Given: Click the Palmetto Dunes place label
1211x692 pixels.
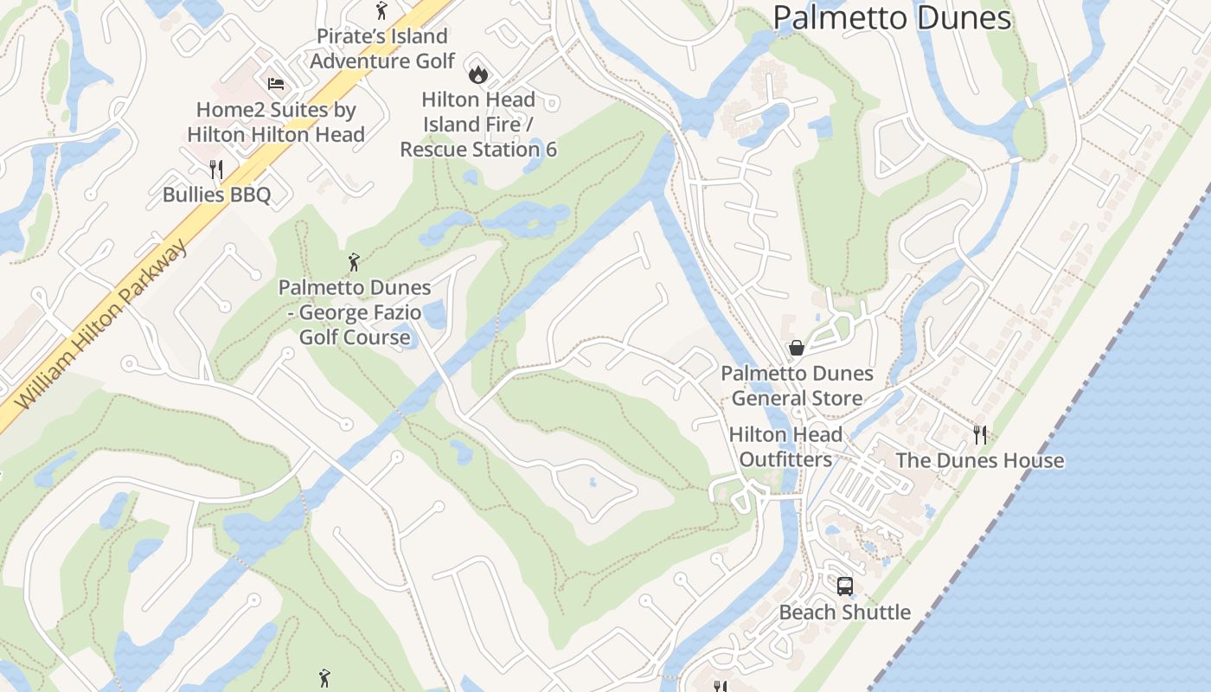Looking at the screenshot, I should (x=892, y=17).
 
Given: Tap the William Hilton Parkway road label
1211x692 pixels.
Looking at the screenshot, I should (x=102, y=326).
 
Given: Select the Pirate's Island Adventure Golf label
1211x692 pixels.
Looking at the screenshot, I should (x=381, y=48).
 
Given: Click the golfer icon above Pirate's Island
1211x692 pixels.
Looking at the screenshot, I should (x=381, y=10).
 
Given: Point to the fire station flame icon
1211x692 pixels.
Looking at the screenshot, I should (x=477, y=74).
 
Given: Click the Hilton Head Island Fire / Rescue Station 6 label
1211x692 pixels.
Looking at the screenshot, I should (x=478, y=125).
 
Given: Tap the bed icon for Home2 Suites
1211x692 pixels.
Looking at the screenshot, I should (x=275, y=84).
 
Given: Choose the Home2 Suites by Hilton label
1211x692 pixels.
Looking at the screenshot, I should (x=276, y=122).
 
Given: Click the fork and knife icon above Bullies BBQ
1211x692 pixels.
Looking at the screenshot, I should (x=216, y=169).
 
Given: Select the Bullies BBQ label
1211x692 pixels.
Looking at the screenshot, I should (x=216, y=195).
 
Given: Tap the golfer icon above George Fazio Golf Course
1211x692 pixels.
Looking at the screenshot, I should (x=354, y=261).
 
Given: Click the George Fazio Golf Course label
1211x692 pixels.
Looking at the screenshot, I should (x=355, y=311).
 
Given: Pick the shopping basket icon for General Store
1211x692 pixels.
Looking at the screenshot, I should (x=797, y=348).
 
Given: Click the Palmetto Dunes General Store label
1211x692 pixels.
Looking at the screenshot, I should (x=797, y=386).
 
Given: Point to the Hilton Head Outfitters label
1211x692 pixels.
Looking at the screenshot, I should (x=785, y=446).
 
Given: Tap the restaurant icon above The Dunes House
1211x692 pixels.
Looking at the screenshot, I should (x=980, y=434).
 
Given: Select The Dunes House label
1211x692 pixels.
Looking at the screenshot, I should (x=980, y=460).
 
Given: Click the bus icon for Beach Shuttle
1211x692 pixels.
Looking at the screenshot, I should (x=845, y=586).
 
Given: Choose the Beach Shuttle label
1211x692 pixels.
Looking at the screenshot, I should (x=845, y=612).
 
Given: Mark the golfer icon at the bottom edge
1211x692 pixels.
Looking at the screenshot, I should (x=324, y=678).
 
